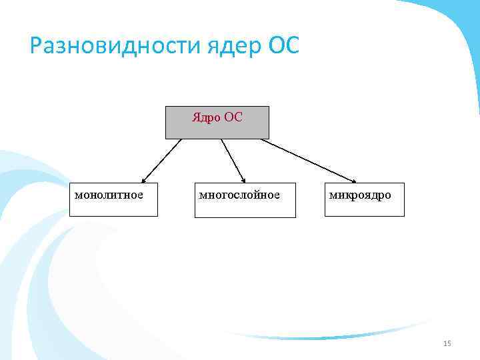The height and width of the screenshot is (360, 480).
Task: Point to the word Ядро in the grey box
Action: click(x=206, y=117)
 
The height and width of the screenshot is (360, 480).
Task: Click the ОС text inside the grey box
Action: click(x=233, y=117)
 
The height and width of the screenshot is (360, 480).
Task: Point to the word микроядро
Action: click(x=360, y=195)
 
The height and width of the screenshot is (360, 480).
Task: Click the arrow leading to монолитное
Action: click(x=162, y=160)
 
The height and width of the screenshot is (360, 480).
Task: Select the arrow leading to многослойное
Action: click(x=233, y=160)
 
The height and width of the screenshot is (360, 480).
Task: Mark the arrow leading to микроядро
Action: click(x=307, y=160)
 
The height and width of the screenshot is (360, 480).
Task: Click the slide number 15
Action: click(x=447, y=343)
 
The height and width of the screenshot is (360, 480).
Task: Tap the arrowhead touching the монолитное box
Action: click(x=145, y=179)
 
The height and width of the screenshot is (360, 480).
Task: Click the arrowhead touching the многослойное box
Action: click(x=243, y=179)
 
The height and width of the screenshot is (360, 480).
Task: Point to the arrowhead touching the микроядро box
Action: click(x=353, y=179)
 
